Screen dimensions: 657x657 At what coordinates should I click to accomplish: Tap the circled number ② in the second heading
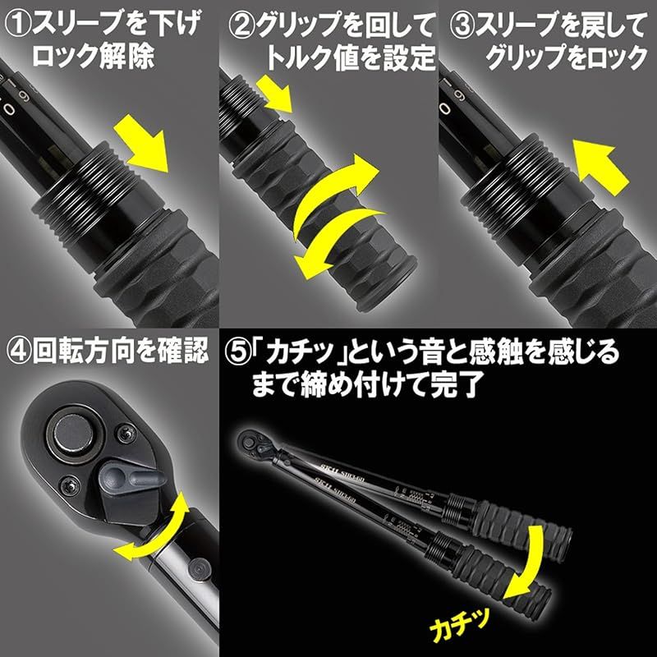(x=238, y=23)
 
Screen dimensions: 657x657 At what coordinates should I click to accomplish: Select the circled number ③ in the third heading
(x=460, y=23)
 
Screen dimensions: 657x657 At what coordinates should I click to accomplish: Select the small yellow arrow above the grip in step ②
(x=278, y=94)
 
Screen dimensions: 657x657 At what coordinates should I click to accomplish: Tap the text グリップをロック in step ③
(x=567, y=59)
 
